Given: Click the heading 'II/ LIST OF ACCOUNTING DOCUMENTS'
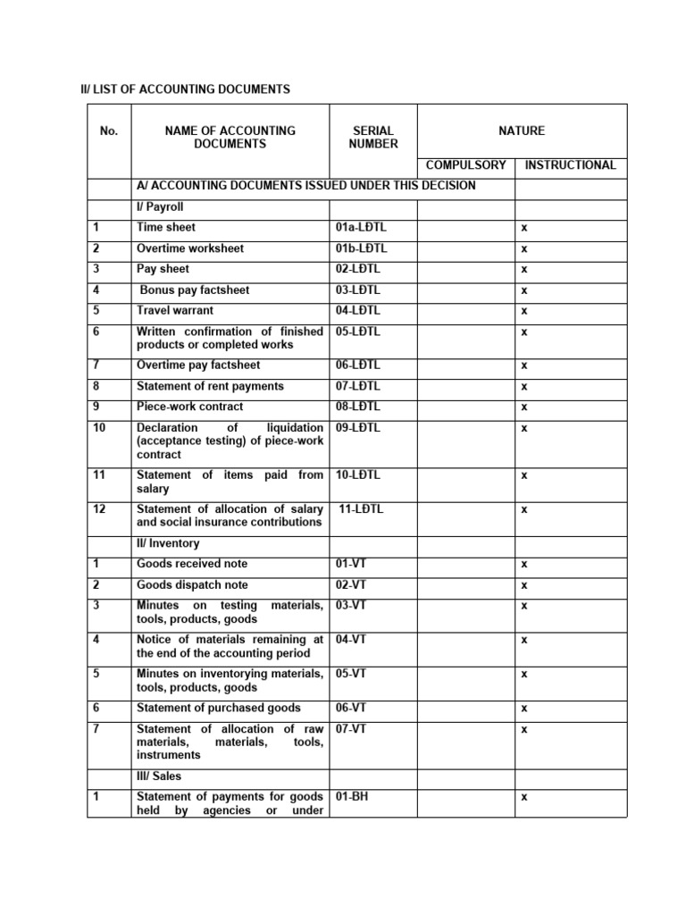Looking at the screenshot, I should (186, 89).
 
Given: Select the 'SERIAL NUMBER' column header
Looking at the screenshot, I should (373, 138).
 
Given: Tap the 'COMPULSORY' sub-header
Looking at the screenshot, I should (465, 165).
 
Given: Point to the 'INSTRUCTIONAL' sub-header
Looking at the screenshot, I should (571, 165).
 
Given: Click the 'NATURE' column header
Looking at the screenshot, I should (522, 131).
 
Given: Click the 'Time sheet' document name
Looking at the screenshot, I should (166, 228).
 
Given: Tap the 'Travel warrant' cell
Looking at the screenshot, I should (175, 311).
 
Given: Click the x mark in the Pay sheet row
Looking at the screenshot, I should (524, 270).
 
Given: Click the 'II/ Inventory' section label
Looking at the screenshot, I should (168, 543).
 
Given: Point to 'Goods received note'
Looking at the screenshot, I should (192, 564).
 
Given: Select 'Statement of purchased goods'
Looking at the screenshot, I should (219, 708).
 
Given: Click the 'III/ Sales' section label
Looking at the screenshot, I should (159, 776).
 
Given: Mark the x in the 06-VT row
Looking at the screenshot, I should (524, 709).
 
